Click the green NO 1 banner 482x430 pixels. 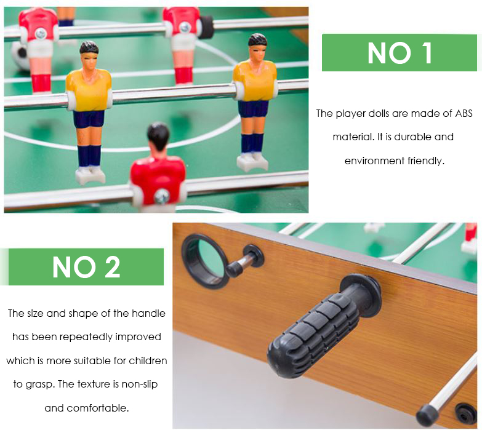coord(400,52)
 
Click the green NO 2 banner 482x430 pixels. coord(86,266)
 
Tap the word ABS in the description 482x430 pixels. coord(464,113)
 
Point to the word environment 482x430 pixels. coord(374,161)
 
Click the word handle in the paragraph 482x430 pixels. coord(148,313)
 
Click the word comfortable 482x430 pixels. coord(98,408)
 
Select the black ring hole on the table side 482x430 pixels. coord(205,261)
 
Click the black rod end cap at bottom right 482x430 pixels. coord(428,415)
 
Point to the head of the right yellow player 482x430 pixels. coord(257,47)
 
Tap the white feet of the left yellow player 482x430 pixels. coord(90,175)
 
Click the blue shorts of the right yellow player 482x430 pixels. coord(253,108)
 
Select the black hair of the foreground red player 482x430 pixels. coord(158,135)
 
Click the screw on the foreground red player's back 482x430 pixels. coord(162,196)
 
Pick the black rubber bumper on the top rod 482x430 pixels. coord(206,26)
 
